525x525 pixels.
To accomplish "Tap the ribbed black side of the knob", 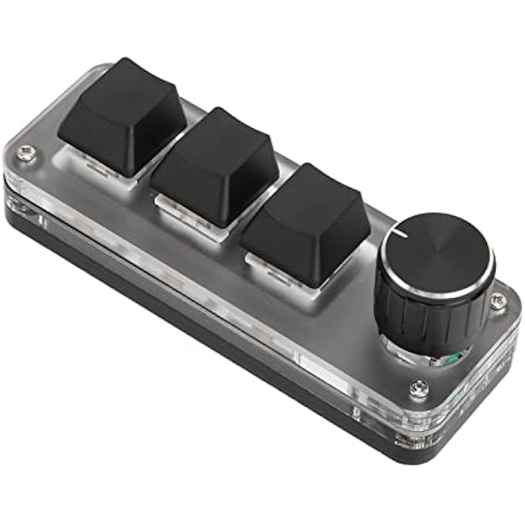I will pos(432,317).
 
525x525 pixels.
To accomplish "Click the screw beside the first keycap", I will pos(27,154).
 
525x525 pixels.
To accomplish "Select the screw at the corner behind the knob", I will pos(500,299).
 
